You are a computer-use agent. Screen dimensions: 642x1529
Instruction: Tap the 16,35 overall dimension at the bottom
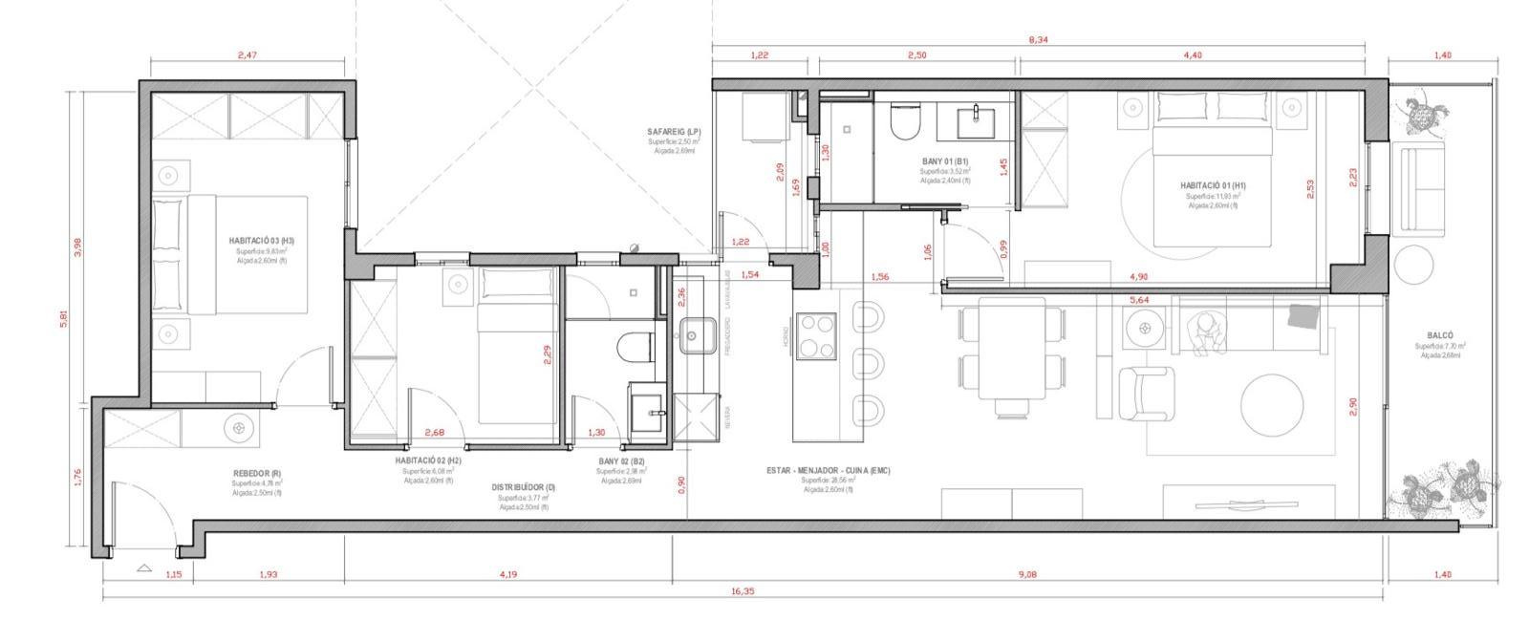[x=743, y=591]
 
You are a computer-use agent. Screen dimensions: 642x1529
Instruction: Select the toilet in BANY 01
[x=903, y=120]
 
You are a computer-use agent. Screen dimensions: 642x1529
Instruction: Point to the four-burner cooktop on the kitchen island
[x=818, y=335]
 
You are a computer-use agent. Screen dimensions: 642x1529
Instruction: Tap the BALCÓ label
[x=1440, y=335]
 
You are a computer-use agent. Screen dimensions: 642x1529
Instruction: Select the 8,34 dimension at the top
[x=1037, y=39]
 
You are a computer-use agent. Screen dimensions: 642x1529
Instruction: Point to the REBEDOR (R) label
[x=256, y=473]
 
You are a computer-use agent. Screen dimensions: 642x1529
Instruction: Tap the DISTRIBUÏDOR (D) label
[x=524, y=487]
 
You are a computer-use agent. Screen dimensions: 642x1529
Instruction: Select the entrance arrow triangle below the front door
[x=144, y=568]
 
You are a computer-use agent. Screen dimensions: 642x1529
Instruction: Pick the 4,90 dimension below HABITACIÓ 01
[x=1138, y=277]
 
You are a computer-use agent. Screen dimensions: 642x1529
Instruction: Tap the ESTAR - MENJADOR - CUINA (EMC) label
[x=828, y=470]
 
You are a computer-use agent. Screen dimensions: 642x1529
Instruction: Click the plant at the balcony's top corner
[x=1426, y=116]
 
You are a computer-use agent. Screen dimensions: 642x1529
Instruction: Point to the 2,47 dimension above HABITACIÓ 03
[x=248, y=55]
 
